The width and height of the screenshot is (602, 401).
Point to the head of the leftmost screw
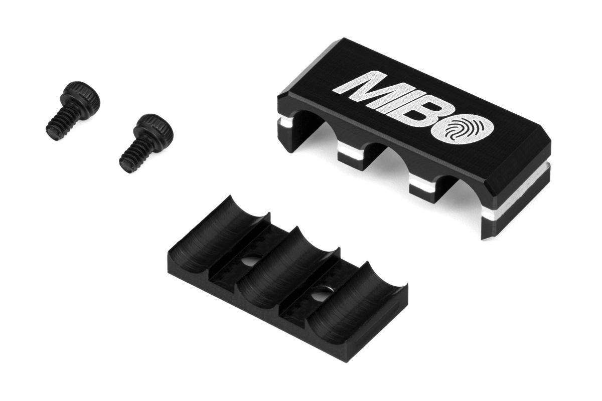click(80, 95)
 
